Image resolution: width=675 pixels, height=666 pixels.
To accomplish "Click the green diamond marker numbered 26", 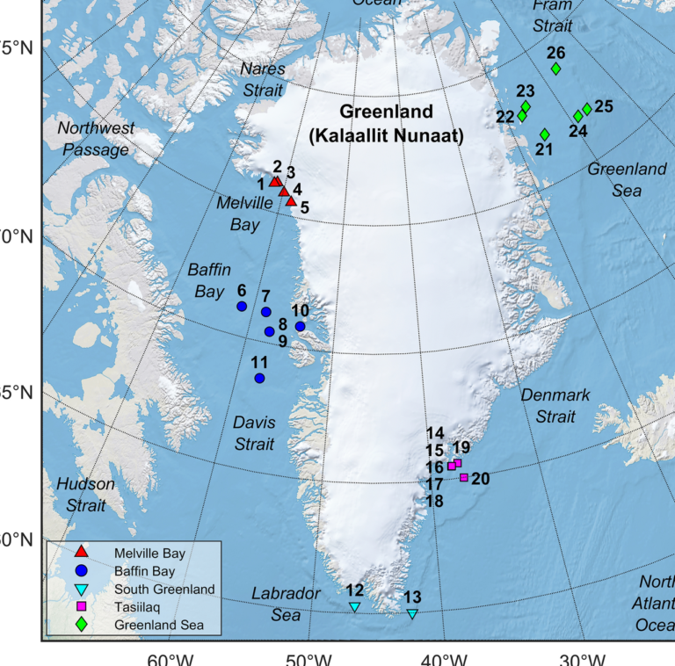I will [x=555, y=69].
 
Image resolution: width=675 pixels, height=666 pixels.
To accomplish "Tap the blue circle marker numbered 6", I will [x=242, y=307].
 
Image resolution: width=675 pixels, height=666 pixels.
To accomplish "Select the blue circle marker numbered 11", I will [x=259, y=378].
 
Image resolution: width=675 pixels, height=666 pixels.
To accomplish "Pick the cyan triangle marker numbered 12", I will [x=354, y=606].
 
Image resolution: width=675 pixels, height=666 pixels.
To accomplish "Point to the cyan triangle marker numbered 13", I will [x=411, y=613].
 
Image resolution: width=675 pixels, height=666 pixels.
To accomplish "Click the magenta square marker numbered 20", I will [x=463, y=478].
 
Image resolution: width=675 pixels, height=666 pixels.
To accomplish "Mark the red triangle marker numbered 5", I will [x=291, y=200].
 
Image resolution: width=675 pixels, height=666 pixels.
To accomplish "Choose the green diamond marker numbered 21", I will [x=544, y=134].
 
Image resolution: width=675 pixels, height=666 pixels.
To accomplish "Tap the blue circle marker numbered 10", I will [x=300, y=326].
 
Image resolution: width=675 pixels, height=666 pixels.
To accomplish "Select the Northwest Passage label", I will [x=96, y=139].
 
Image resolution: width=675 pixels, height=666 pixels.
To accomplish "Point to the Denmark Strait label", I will [x=555, y=405].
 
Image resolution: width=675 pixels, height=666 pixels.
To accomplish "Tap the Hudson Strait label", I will [x=85, y=494].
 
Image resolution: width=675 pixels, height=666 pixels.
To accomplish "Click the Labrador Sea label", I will [x=286, y=604].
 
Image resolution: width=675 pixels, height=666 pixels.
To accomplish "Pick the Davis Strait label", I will [x=254, y=433].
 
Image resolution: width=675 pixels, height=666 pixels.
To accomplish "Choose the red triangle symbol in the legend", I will [x=80, y=552].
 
